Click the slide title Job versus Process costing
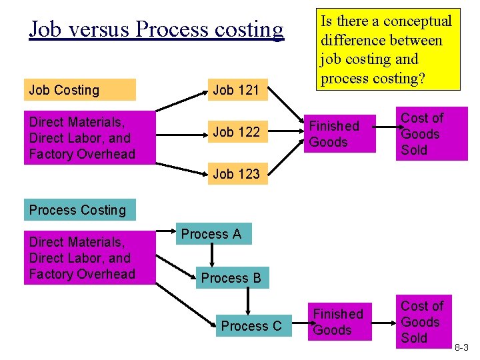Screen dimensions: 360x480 pos(156,29)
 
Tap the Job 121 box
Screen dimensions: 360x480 pos(236,90)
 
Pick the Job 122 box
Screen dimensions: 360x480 pos(236,132)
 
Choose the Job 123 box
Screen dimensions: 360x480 pos(236,175)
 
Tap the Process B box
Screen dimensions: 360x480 pos(231,278)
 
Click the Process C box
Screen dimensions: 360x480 pos(251,326)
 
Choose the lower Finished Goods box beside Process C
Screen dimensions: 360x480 pos(338,322)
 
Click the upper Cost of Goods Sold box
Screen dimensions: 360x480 pos(431,134)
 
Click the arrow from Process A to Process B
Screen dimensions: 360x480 pos(212,256)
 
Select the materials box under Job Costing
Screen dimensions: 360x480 pos(89,138)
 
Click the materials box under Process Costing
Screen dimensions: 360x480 pos(89,258)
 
